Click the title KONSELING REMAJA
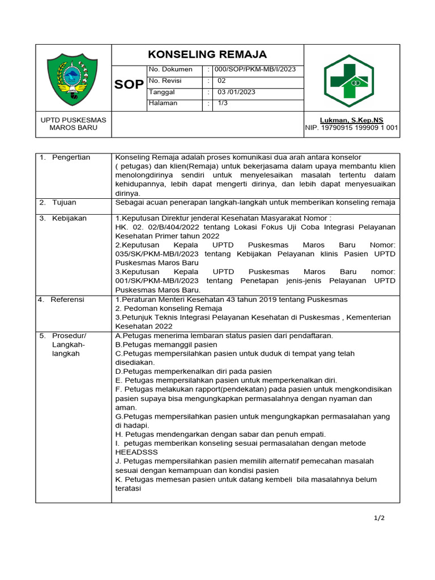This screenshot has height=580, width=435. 207,54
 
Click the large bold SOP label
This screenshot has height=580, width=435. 129,85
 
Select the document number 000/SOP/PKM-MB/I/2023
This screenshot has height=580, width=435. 254,70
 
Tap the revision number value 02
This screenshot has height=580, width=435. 221,81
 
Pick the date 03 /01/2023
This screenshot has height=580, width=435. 237,92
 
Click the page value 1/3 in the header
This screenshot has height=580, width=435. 223,103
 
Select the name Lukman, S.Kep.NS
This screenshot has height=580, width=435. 351,120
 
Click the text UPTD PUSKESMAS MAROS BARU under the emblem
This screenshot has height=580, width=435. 74,124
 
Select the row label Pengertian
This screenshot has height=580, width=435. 71,157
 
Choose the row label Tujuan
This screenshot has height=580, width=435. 64,202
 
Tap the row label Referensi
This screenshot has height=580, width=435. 67,300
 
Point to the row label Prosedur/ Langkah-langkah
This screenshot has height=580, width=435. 69,344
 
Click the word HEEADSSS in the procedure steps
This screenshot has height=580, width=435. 137,453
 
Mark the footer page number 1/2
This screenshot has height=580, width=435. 379,518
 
